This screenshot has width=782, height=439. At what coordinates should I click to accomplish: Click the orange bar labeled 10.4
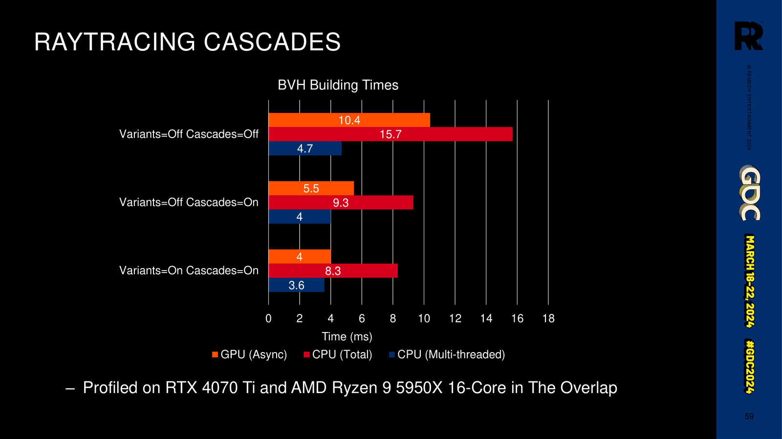(x=349, y=120)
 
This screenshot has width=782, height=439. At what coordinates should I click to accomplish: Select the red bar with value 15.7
(x=391, y=134)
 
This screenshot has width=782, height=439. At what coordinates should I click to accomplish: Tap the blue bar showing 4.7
(x=305, y=148)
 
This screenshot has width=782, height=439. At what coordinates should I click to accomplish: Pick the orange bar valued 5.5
(x=311, y=188)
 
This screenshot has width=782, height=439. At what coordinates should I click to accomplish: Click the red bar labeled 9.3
(x=341, y=203)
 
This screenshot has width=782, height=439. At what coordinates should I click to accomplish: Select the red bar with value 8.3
(x=333, y=271)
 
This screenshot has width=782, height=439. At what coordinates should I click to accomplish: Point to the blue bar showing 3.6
(x=296, y=285)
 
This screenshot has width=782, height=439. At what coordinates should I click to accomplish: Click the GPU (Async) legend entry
(x=250, y=355)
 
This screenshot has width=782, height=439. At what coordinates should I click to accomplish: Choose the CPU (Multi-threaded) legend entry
(x=447, y=355)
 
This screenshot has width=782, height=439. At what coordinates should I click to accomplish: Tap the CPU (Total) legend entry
(x=338, y=355)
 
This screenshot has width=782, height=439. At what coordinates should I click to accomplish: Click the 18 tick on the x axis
(x=548, y=318)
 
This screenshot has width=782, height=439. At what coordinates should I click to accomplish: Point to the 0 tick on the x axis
(x=268, y=318)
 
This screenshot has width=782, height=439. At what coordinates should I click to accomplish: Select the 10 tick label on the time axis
(x=424, y=318)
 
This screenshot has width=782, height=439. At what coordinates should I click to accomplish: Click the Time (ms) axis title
(x=347, y=336)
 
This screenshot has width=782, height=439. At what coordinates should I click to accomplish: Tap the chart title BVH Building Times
(x=338, y=85)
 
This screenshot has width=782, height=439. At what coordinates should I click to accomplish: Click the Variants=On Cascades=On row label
(x=189, y=271)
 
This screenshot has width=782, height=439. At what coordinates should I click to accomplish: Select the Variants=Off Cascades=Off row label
(x=189, y=134)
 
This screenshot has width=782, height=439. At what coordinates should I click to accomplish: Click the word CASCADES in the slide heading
(x=272, y=42)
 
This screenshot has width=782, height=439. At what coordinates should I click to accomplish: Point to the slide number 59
(x=749, y=417)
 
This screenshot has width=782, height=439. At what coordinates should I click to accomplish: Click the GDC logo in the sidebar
(x=750, y=193)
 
